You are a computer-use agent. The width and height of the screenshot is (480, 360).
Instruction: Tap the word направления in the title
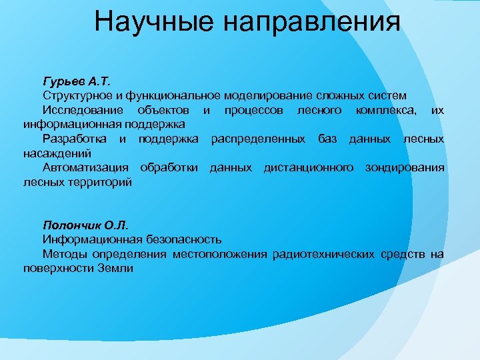pos(313,22)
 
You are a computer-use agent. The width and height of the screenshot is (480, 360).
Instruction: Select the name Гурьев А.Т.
pos(73,82)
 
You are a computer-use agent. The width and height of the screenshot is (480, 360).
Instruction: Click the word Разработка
pos(75,139)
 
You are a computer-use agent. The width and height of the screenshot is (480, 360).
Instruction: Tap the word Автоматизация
pos(87,167)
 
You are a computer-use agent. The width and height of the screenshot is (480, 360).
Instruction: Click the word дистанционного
pos(308,167)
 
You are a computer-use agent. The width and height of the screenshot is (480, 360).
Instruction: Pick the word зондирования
pos(404,167)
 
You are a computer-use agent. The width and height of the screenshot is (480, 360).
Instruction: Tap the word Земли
pos(119,268)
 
